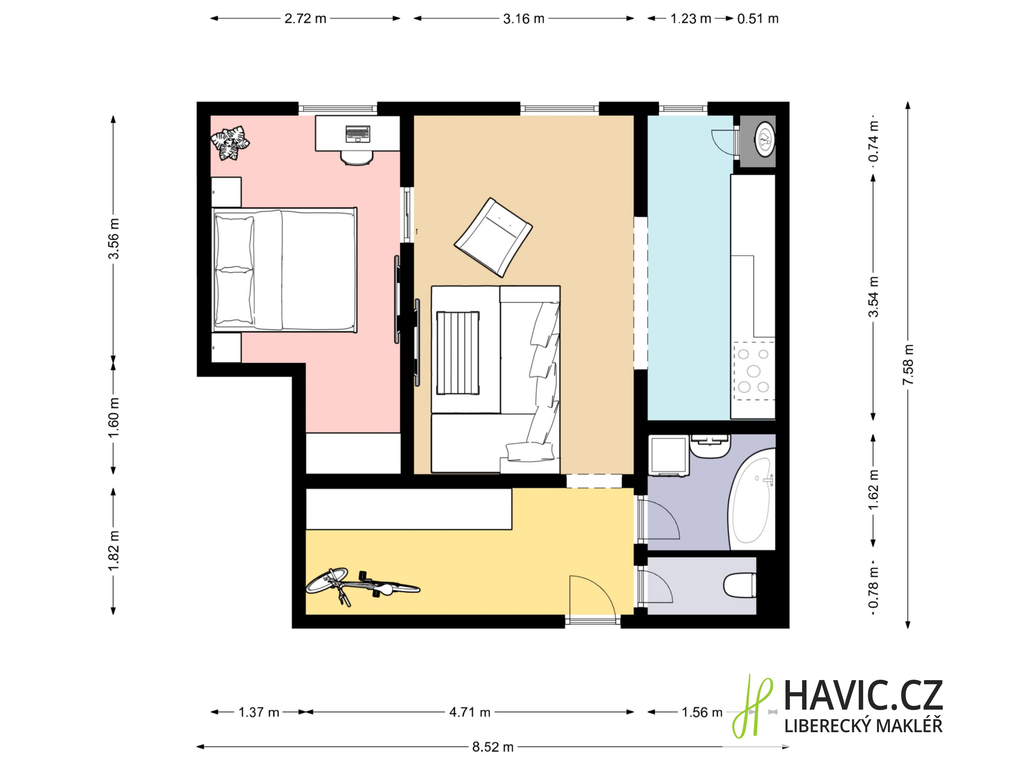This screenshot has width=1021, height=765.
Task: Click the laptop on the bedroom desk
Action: [357, 134]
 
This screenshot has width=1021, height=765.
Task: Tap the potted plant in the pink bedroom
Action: [230, 143]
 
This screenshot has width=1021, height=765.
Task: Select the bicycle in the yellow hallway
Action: [363, 586]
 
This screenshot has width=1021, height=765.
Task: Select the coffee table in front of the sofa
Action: [457, 353]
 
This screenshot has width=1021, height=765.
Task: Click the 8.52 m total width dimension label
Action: [492, 747]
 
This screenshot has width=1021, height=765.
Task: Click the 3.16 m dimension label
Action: [524, 18]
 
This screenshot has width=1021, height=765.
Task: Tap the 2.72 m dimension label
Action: [305, 18]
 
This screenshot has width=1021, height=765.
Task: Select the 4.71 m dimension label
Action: [469, 712]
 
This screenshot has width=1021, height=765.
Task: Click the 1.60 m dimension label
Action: [114, 418]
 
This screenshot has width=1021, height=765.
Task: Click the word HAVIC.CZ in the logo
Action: [863, 696]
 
